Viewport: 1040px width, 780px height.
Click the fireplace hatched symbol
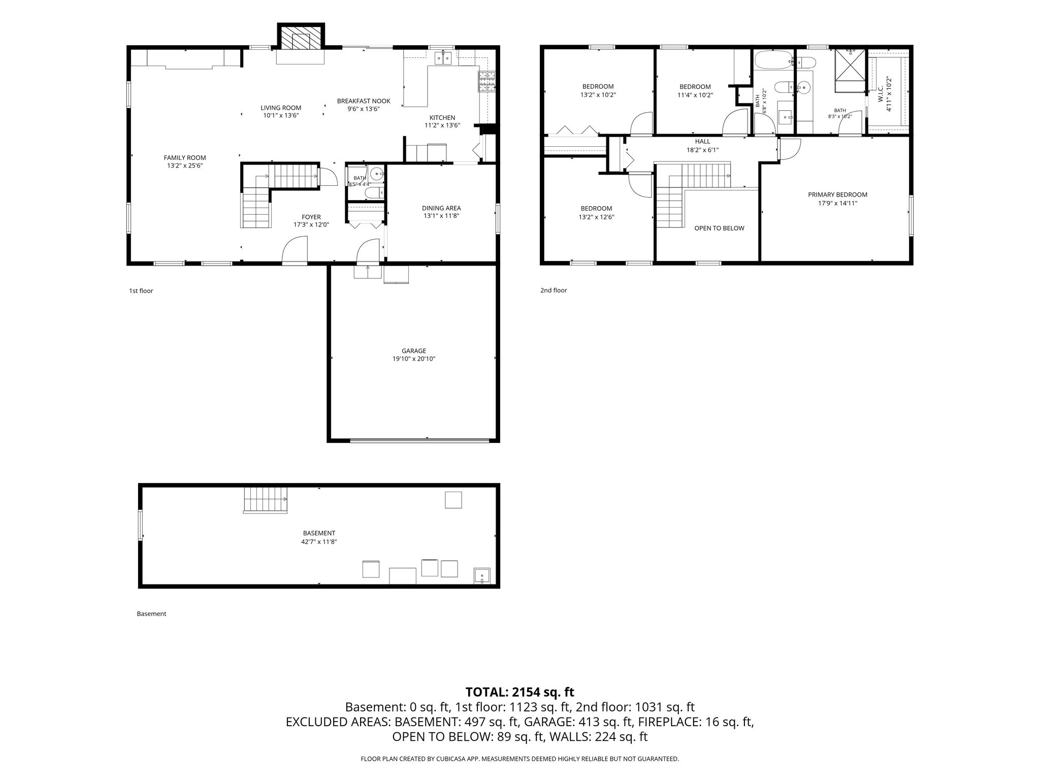pos(300,37)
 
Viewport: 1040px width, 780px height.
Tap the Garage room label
pos(414,351)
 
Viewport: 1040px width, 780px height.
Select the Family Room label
pos(185,158)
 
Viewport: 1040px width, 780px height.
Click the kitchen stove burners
pos(486,82)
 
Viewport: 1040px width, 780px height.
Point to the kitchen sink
pos(443,58)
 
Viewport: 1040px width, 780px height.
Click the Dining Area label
pos(441,208)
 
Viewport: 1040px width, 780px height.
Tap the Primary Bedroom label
pos(837,195)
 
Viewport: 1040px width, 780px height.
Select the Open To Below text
pos(719,229)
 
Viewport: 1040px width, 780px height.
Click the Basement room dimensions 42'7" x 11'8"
pos(319,542)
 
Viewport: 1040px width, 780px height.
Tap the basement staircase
pos(266,500)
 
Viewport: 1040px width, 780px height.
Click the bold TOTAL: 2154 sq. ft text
pos(520,692)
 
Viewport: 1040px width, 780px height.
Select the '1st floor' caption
pos(141,291)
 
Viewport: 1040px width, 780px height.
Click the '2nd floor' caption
pos(554,290)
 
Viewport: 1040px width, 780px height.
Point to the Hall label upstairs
pos(703,142)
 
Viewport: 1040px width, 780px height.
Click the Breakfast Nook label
pos(364,101)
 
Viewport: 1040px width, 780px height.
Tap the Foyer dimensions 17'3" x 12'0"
pos(311,225)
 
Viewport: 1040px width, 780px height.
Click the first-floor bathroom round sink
pos(376,174)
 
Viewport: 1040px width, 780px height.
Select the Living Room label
pos(281,108)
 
